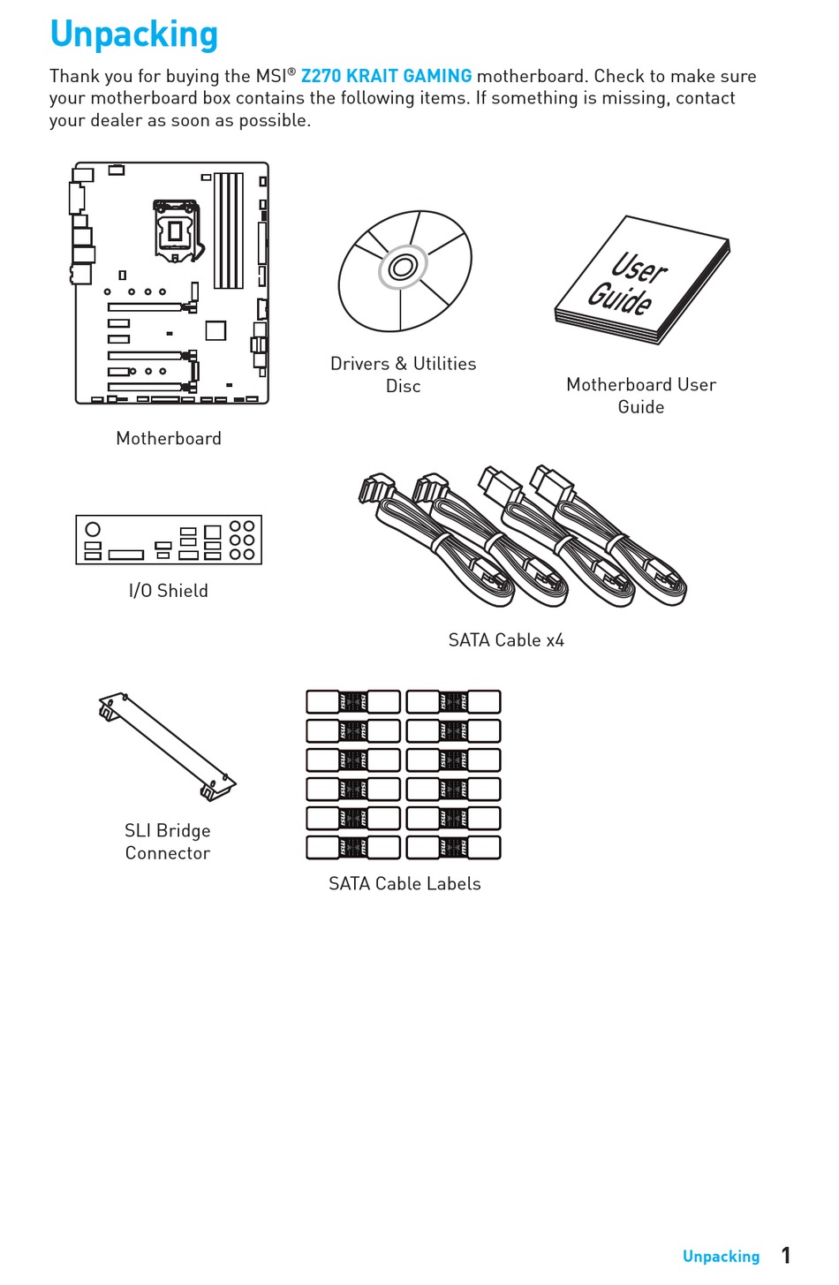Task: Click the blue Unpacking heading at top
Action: coord(133,34)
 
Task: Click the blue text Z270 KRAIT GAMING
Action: coord(386,76)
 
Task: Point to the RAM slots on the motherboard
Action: coord(229,230)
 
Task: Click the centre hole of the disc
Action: coord(403,268)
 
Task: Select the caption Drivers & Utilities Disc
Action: coord(403,374)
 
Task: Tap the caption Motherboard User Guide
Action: coord(640,396)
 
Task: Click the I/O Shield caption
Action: coord(169,591)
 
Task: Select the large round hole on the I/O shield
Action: coord(93,529)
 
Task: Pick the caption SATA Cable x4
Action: coord(506,640)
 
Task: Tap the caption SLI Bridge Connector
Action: coord(168,842)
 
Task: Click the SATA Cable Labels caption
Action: coord(404,884)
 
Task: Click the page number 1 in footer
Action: coord(785,1255)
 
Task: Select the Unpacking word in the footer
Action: coord(721,1256)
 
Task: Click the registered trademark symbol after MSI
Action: coord(291,72)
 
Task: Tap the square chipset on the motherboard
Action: coord(215,330)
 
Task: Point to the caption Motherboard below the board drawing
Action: coord(169,439)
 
